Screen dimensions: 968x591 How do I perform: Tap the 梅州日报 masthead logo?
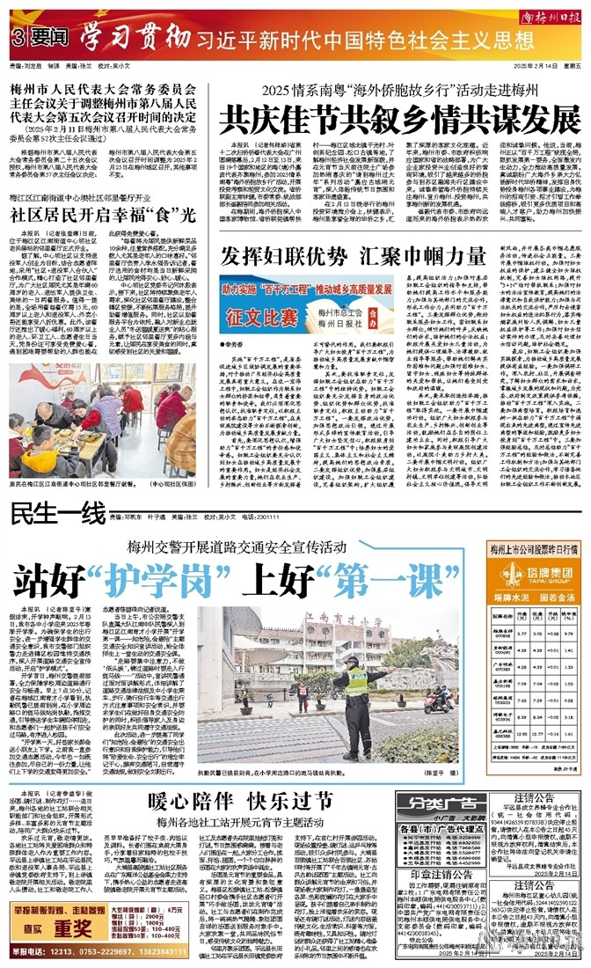pos(551,17)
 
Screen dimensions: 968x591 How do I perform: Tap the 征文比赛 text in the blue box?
pos(255,313)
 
